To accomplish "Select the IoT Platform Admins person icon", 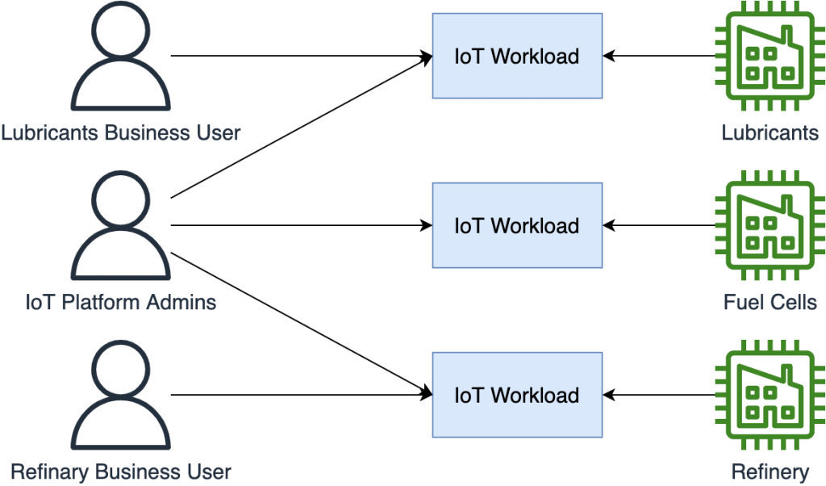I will pyautogui.click(x=120, y=225).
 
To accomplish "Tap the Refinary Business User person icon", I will pyautogui.click(x=120, y=395).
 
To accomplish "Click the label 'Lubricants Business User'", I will pyautogui.click(x=120, y=132).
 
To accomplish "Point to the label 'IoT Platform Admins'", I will pyautogui.click(x=120, y=303).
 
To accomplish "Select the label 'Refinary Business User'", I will pyautogui.click(x=120, y=472).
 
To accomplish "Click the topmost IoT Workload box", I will pyautogui.click(x=516, y=57).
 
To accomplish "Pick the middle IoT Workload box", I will pyautogui.click(x=516, y=225).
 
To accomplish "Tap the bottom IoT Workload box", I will pyautogui.click(x=516, y=395).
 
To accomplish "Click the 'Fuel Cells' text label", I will pyautogui.click(x=770, y=303).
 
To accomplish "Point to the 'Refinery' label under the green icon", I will pyautogui.click(x=770, y=472).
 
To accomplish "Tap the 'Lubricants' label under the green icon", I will pyautogui.click(x=770, y=132).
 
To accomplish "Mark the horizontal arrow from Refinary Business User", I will pyautogui.click(x=298, y=395).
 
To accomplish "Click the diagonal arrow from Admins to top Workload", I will pyautogui.click(x=298, y=128).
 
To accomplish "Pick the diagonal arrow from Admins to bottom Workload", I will pyautogui.click(x=298, y=323).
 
